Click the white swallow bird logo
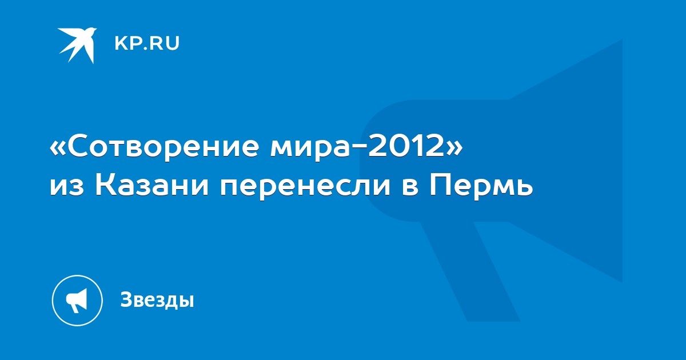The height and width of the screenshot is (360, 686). (x=78, y=45)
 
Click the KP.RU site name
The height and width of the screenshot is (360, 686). (x=147, y=43)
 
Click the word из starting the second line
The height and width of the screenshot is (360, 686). (x=67, y=188)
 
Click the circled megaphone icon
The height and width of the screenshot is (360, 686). (x=77, y=301)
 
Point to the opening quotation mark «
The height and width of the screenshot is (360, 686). (x=57, y=148)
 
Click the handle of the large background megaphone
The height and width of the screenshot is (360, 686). (x=470, y=271)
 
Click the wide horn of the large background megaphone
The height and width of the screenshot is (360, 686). (x=567, y=161)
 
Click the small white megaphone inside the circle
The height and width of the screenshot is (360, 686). (x=77, y=301)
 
